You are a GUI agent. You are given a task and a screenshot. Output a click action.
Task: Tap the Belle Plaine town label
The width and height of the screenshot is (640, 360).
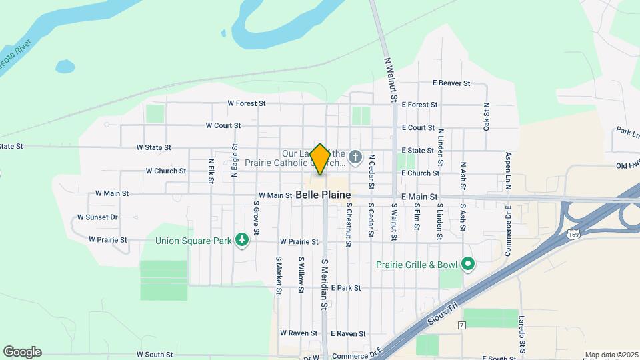click(323, 195)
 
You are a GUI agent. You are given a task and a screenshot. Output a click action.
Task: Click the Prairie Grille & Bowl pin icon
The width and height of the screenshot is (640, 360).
click(468, 265)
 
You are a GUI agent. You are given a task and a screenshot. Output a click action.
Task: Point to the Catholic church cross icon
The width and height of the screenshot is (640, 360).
click(355, 158)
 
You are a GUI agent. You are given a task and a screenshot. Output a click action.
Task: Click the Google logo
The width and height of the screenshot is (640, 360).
click(22, 352)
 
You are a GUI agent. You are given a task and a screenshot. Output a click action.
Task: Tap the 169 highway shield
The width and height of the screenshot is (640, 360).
click(573, 234)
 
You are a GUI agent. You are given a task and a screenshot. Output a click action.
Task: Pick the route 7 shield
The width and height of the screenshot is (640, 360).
click(461, 325)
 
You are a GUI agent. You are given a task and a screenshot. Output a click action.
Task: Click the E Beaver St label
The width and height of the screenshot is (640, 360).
click(451, 83)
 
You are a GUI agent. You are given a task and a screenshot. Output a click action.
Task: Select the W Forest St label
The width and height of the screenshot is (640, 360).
click(247, 103)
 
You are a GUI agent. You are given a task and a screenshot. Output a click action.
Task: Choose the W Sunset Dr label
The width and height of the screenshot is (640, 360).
click(97, 217)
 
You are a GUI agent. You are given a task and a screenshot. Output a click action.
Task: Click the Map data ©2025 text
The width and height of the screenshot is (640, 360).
click(611, 355)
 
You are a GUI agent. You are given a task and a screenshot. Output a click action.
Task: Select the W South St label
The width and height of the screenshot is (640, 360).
click(155, 355)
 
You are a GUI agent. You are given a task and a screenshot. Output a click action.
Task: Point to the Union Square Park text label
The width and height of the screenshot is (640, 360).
click(193, 241)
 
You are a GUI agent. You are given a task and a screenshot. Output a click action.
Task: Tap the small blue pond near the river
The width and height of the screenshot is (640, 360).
click(65, 67)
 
